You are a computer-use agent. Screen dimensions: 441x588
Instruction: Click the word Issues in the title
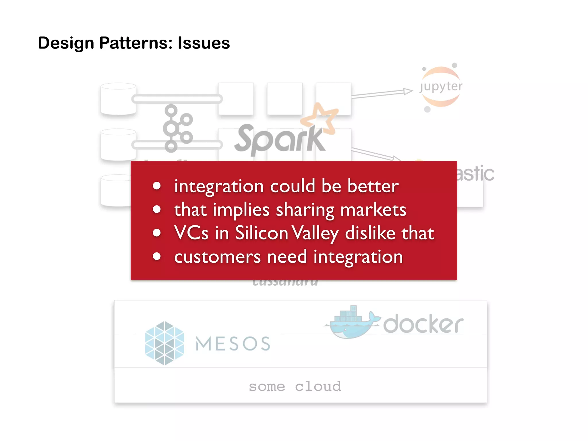[204, 43]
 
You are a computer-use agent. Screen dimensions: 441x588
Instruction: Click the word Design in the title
[66, 43]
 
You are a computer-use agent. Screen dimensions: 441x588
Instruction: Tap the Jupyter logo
[441, 87]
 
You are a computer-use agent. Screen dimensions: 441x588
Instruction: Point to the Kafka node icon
[176, 128]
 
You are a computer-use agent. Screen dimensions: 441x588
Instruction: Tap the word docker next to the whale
[423, 324]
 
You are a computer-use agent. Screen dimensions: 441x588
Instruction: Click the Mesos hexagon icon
[165, 343]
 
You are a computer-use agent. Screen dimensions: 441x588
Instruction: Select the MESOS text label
[233, 344]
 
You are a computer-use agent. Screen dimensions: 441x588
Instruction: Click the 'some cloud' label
[295, 386]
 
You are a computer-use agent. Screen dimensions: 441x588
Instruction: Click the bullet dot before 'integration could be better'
[157, 186]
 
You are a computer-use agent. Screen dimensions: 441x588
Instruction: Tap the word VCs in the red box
[191, 233]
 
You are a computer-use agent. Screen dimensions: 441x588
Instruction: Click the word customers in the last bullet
[217, 256]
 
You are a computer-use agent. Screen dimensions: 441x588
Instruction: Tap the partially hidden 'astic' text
[475, 173]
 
